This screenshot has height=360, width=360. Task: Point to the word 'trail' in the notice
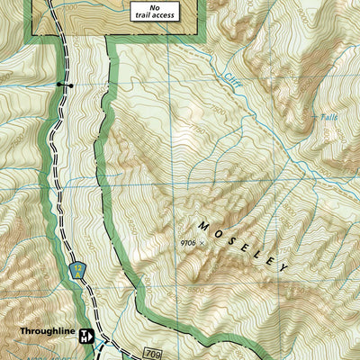(x=141, y=15)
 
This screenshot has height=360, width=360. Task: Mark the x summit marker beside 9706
(x=202, y=243)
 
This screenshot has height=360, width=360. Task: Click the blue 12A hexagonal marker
(x=77, y=269)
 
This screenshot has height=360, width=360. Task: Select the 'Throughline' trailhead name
(x=46, y=331)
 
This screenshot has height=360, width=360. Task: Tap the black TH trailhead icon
(x=86, y=337)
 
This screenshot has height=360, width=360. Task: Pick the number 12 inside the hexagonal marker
(x=77, y=267)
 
